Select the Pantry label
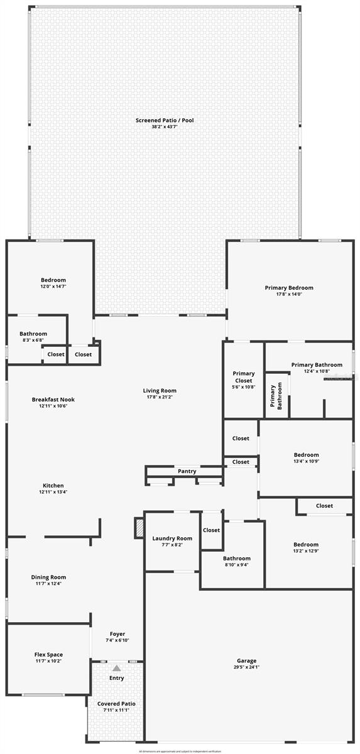[187, 471]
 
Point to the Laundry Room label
[172, 538]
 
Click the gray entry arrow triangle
[117, 668]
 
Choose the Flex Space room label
[48, 655]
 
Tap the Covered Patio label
[117, 704]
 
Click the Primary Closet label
[243, 377]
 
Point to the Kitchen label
[53, 485]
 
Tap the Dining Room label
[48, 577]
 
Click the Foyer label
[117, 634]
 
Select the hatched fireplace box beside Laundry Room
[139, 528]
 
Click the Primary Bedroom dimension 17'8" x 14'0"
[289, 295]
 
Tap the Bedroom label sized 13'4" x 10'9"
[306, 455]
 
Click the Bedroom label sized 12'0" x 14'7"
[53, 280]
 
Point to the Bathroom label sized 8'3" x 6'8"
[33, 334]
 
